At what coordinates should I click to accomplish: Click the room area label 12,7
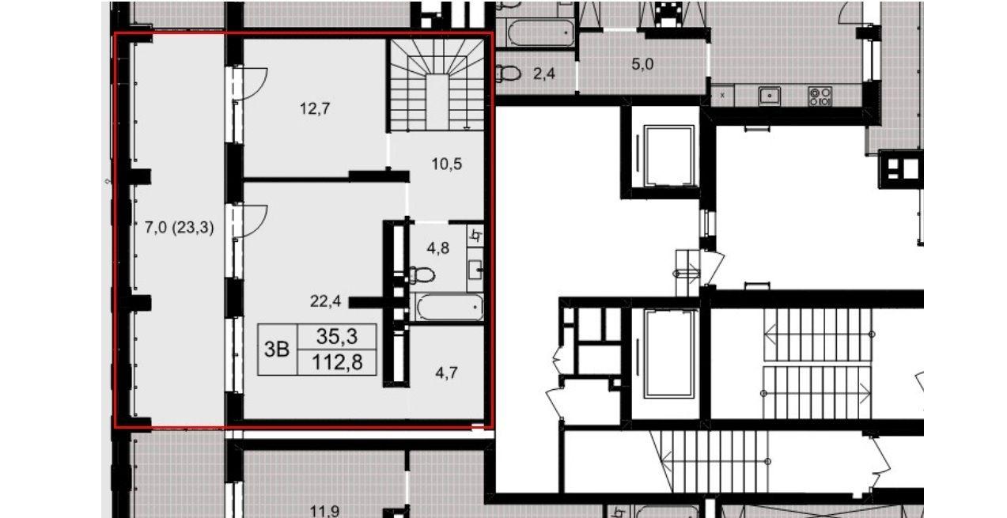pyautogui.click(x=315, y=108)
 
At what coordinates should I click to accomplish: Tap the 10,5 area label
pyautogui.click(x=446, y=164)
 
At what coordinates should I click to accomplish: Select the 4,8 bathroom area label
pyautogui.click(x=437, y=248)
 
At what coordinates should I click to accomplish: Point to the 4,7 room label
pyautogui.click(x=446, y=373)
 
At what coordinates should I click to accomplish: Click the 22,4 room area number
pyautogui.click(x=325, y=301)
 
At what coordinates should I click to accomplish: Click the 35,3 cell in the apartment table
pyautogui.click(x=337, y=336)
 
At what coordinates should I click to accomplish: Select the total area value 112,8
pyautogui.click(x=337, y=362)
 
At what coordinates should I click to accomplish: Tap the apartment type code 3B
pyautogui.click(x=277, y=350)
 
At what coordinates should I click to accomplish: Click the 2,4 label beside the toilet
pyautogui.click(x=544, y=74)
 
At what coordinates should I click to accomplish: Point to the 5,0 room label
pyautogui.click(x=642, y=64)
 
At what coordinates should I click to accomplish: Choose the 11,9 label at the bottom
pyautogui.click(x=324, y=511)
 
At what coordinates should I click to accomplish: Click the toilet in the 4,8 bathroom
pyautogui.click(x=422, y=274)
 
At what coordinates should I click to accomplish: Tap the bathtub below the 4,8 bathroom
pyautogui.click(x=449, y=308)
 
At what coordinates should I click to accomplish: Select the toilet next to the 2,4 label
pyautogui.click(x=508, y=73)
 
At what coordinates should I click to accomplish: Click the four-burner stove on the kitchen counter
pyautogui.click(x=820, y=96)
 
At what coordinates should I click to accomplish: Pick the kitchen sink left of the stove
pyautogui.click(x=769, y=96)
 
